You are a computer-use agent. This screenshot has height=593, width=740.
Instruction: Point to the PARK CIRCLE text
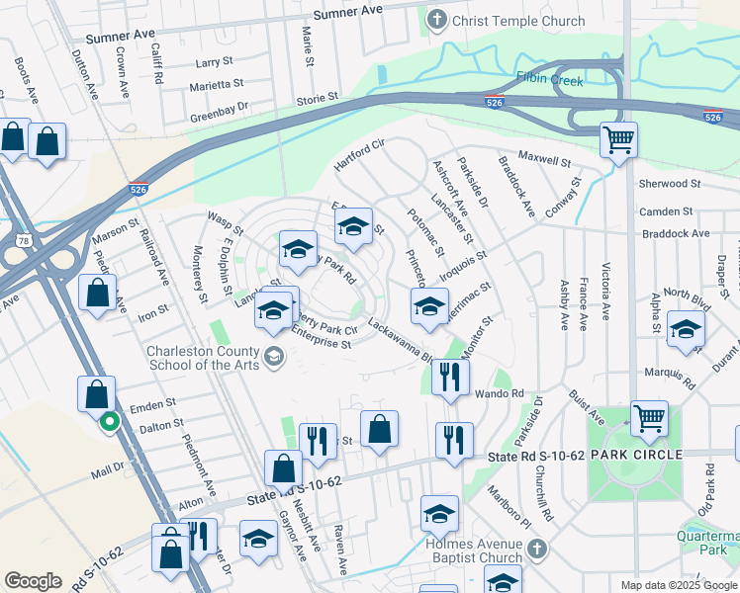pyautogui.click(x=635, y=454)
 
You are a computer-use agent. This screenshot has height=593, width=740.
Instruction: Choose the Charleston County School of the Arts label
pyautogui.click(x=203, y=358)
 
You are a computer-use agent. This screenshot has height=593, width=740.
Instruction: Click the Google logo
pyautogui.click(x=33, y=581)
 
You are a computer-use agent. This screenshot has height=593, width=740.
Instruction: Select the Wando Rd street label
pyautogui.click(x=504, y=393)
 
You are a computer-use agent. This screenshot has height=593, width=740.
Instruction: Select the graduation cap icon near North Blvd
pyautogui.click(x=685, y=331)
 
